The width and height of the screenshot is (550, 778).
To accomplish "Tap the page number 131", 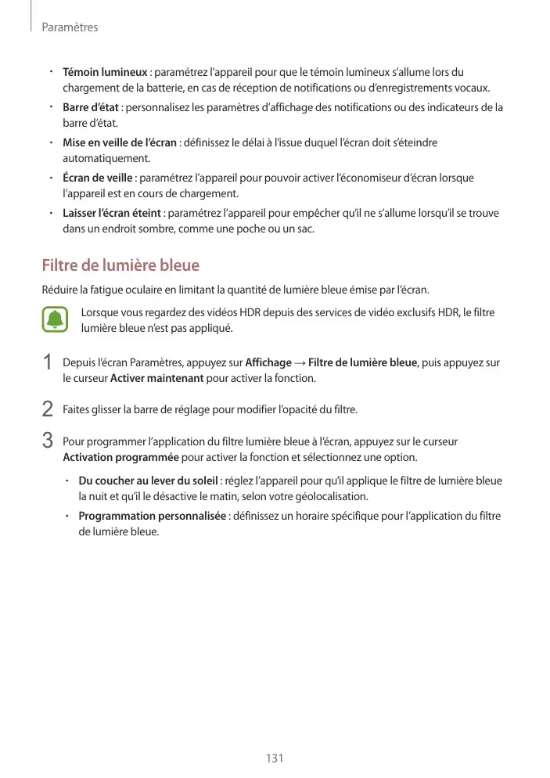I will click(275, 758).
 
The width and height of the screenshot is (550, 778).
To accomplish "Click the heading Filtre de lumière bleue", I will click(120, 265).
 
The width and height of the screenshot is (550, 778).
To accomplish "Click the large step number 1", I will click(48, 364).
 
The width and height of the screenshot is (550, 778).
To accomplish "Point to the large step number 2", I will click(48, 409).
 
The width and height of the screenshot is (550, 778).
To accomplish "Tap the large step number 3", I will click(48, 440).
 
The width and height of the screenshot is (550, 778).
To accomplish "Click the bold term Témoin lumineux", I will click(105, 73).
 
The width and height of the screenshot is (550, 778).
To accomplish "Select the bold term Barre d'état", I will click(90, 107).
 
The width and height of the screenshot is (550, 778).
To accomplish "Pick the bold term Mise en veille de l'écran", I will click(119, 142).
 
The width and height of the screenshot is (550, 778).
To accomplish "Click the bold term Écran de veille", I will click(97, 178).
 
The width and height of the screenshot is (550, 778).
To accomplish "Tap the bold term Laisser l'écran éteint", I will click(112, 213).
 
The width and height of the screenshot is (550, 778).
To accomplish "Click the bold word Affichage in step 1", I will click(268, 363).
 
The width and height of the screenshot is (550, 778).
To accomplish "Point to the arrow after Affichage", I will click(300, 363).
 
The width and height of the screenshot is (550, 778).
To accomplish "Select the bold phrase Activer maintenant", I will click(157, 379).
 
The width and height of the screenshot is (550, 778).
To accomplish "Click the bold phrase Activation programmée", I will click(120, 457).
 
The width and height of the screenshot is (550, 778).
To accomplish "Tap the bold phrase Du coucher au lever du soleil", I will click(149, 481).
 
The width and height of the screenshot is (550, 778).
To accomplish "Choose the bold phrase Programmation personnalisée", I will click(153, 516).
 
